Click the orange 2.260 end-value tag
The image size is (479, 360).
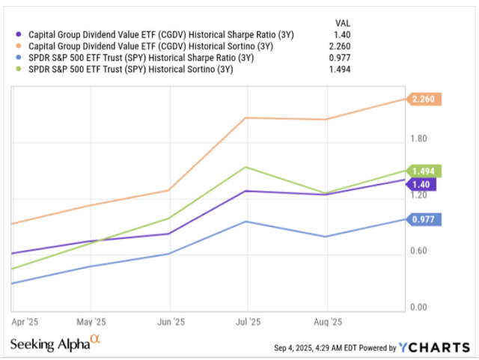pos(426,99)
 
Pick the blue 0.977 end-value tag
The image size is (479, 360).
pos(426,219)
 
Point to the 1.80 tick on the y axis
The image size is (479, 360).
pos(418,138)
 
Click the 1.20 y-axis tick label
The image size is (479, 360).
pos(418,195)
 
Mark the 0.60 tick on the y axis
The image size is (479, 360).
pos(418,251)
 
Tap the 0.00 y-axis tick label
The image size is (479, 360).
pos(418,307)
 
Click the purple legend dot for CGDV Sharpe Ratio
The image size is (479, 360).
pos(19,34)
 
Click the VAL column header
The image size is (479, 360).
pos(340,22)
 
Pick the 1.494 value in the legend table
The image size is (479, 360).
pos(338,70)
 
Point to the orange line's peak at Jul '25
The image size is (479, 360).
pos(247,118)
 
